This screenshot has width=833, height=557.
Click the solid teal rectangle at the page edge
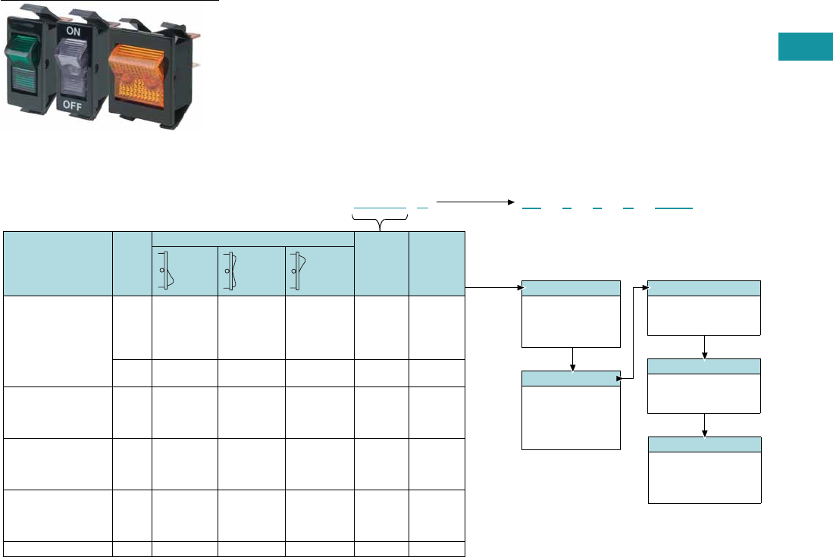point(805,46)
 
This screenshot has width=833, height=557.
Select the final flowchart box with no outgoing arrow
point(705,470)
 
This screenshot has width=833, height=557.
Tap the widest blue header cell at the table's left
point(57,263)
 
